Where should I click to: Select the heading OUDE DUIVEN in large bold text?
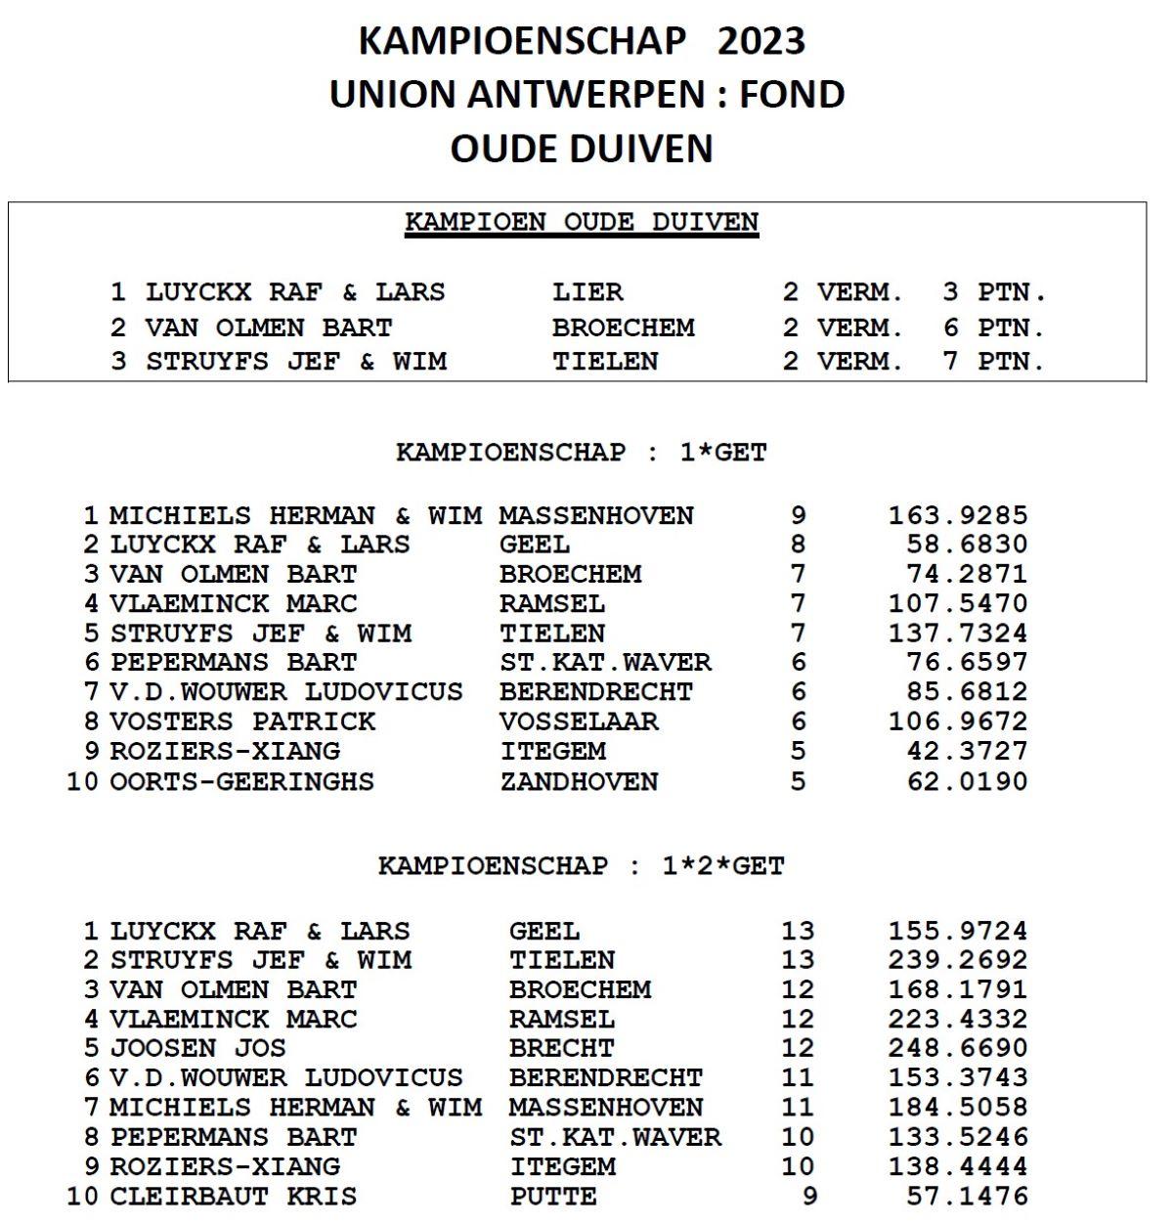pos(582,149)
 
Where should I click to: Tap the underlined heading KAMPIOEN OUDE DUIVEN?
pos(582,222)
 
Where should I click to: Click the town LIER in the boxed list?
pos(586,292)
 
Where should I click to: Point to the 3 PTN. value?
pos(994,292)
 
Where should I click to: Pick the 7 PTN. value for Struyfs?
pos(994,361)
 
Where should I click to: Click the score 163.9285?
pos(957,515)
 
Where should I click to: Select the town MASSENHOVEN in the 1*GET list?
pos(596,515)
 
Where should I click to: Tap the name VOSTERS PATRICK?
pos(242,721)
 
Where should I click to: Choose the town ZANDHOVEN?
pos(579,781)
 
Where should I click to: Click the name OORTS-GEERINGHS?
pos(241,781)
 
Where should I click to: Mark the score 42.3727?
pos(967,751)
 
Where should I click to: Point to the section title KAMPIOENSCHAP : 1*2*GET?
pos(582,866)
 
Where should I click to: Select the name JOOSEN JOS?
pos(197,1048)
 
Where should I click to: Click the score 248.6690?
pos(957,1048)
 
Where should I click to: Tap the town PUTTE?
pos(553,1196)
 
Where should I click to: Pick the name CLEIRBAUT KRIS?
pos(233,1196)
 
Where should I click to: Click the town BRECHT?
pos(561,1048)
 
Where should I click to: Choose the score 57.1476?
pos(967,1196)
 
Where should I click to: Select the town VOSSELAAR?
pos(579,721)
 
